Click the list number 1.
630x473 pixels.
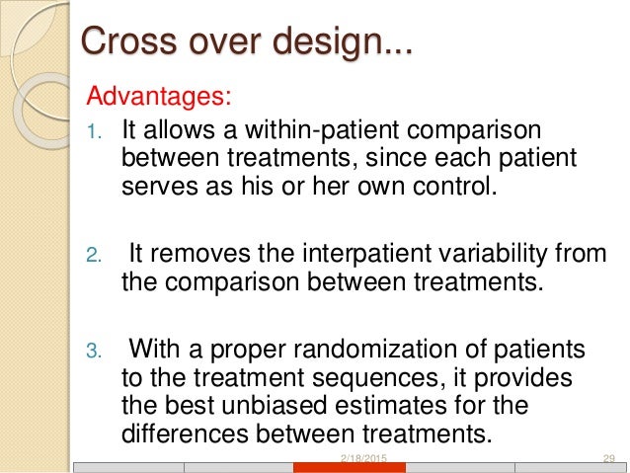point(95,132)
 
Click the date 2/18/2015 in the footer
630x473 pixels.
point(361,459)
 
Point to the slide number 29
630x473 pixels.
point(608,459)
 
